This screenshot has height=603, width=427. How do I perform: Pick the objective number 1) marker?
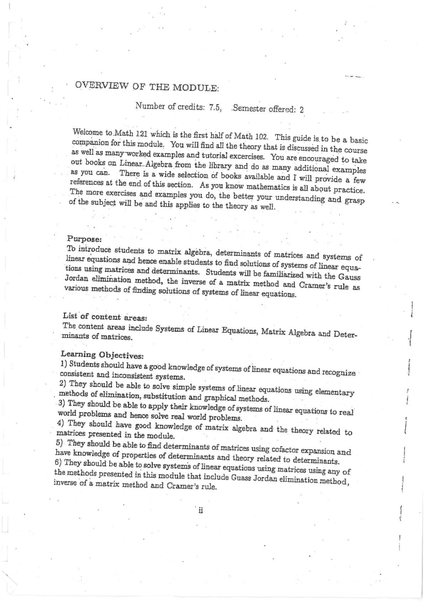pos(64,363)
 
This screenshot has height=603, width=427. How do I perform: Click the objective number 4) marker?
pos(61,423)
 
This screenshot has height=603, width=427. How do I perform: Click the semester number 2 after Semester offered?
pos(301,110)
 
